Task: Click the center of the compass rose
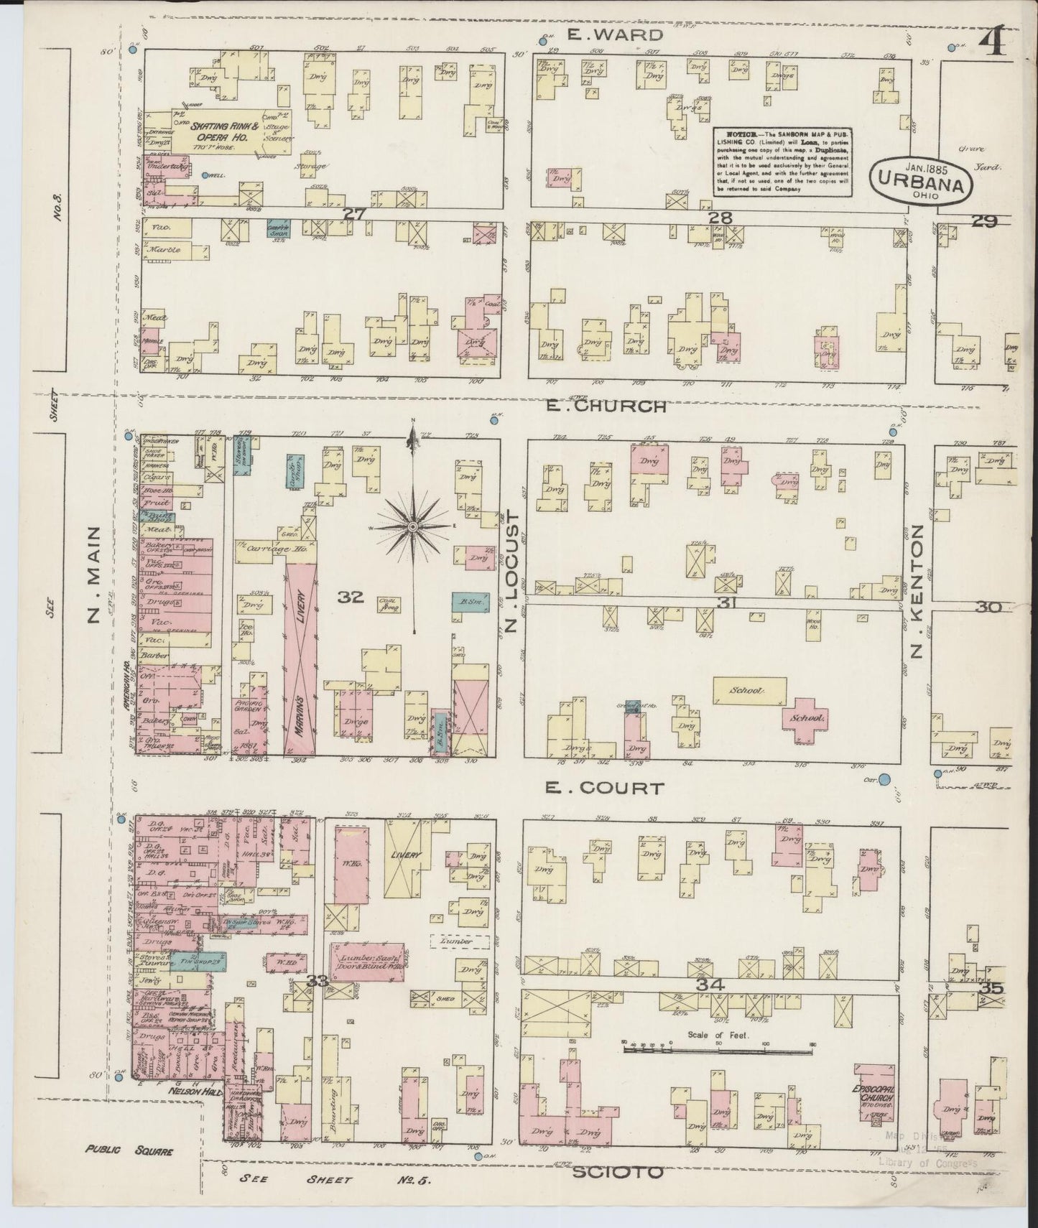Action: point(413,528)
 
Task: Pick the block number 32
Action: point(353,596)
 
